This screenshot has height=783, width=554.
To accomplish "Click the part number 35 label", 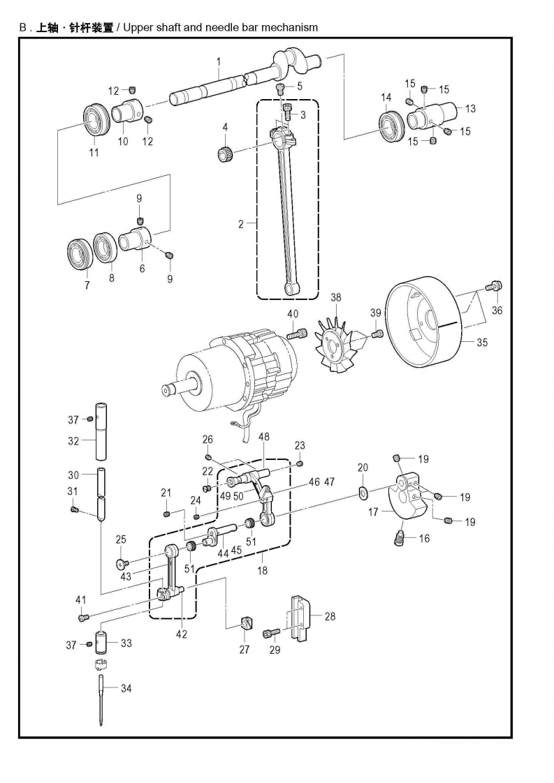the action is (482, 343).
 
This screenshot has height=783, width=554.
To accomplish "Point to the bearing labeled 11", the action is (96, 120).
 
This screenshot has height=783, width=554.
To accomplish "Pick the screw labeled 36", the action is (494, 287).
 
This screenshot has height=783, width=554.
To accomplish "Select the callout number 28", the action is (330, 617).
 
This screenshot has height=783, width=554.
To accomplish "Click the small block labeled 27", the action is (245, 623).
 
